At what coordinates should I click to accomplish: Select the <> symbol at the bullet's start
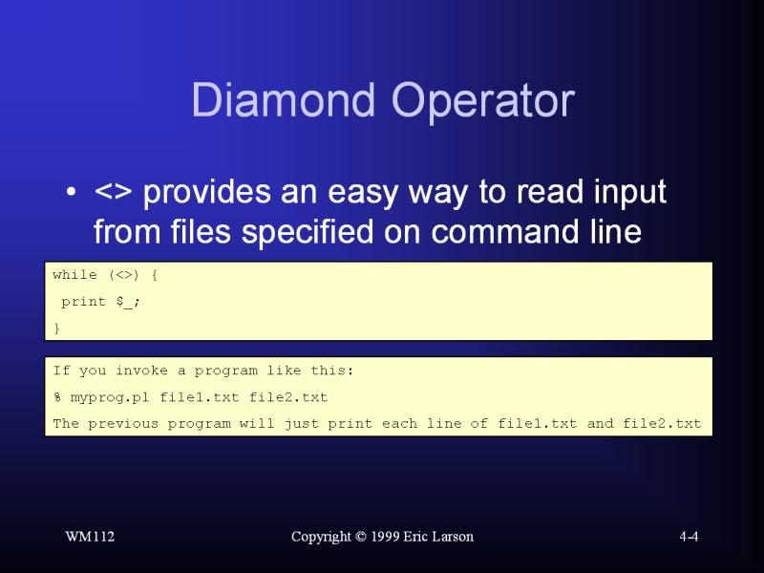[114, 193]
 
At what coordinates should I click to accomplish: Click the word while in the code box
[74, 275]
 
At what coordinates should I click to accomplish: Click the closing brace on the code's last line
[56, 328]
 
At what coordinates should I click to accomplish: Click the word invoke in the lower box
[140, 371]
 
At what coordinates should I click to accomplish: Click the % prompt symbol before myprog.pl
[57, 397]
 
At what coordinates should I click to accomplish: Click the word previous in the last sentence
[123, 423]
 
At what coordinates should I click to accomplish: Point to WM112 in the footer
[90, 537]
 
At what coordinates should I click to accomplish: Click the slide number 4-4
[689, 537]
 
